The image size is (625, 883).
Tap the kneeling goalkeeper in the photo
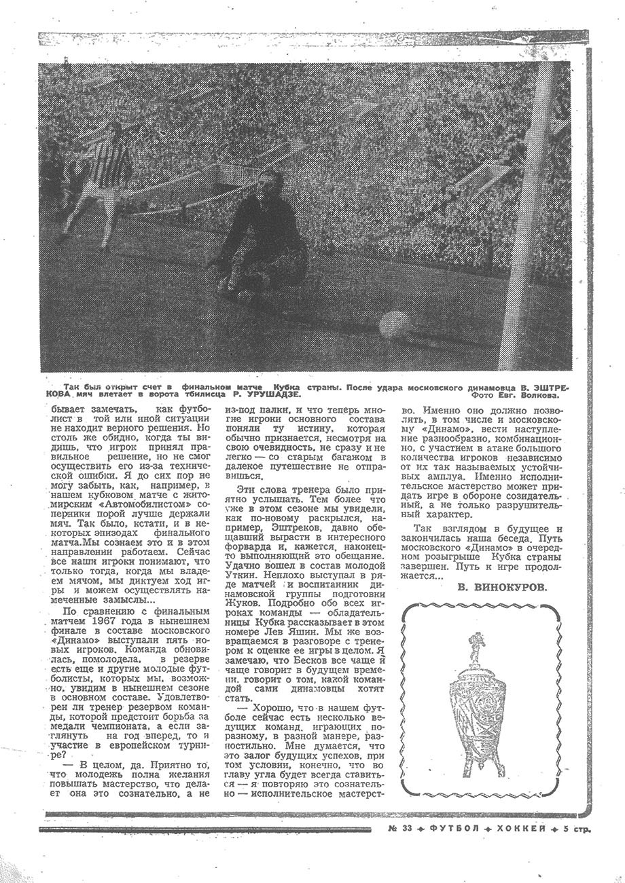point(261,231)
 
